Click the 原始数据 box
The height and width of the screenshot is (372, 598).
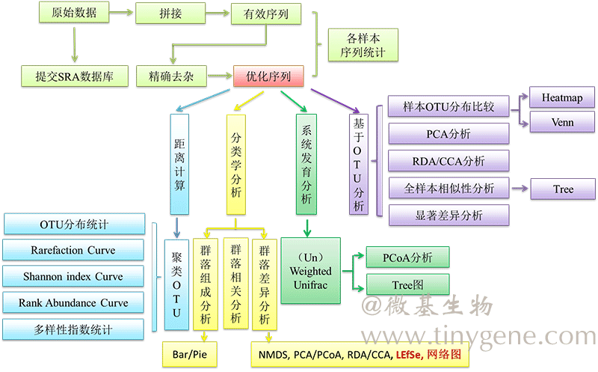[73, 13]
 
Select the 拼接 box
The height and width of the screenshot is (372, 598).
[170, 13]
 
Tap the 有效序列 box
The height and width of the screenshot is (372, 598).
[267, 13]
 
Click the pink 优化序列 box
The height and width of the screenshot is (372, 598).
[268, 76]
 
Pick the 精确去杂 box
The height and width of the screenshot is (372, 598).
[170, 76]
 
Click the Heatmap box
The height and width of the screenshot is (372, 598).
[562, 97]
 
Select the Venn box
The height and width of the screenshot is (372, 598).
[562, 122]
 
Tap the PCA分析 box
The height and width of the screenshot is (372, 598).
[449, 134]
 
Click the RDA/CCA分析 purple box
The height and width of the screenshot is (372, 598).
[449, 161]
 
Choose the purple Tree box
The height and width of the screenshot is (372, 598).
[563, 189]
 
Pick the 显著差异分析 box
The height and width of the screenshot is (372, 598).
[449, 216]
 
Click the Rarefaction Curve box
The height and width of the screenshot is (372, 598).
[74, 250]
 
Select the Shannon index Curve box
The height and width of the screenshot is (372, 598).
[74, 276]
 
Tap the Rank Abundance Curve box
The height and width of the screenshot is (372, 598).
[74, 303]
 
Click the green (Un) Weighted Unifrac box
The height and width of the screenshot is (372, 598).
[310, 270]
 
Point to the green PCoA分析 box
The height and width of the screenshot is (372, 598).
[407, 258]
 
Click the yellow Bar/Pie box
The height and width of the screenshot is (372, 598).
[190, 355]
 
